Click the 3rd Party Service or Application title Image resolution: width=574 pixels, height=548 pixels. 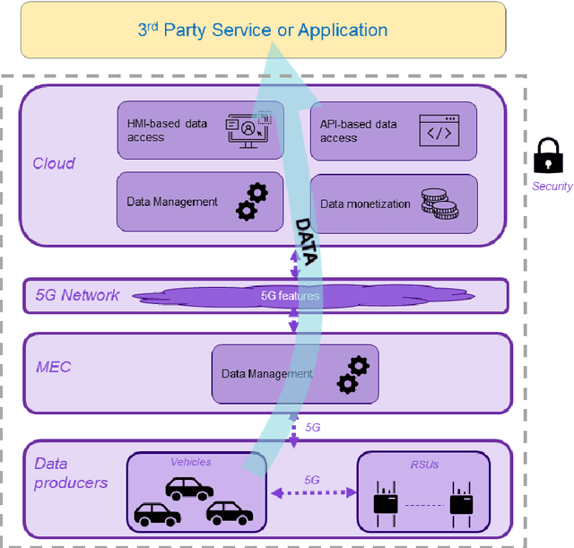point(262,30)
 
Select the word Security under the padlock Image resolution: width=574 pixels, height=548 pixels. point(552,187)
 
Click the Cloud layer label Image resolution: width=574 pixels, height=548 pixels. point(54,163)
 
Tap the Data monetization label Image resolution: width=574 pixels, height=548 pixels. point(365,204)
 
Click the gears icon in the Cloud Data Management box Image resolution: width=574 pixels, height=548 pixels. point(252,202)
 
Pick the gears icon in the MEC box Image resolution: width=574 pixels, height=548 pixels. point(352,374)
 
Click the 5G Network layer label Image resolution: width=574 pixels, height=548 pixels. point(77,295)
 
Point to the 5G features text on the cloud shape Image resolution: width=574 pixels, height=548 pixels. point(290,295)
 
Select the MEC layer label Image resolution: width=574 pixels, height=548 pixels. point(55,367)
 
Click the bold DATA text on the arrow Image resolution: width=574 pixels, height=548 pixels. point(307,240)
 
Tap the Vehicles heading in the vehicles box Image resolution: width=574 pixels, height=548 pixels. point(191,462)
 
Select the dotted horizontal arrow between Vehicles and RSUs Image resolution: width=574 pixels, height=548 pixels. point(311,492)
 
